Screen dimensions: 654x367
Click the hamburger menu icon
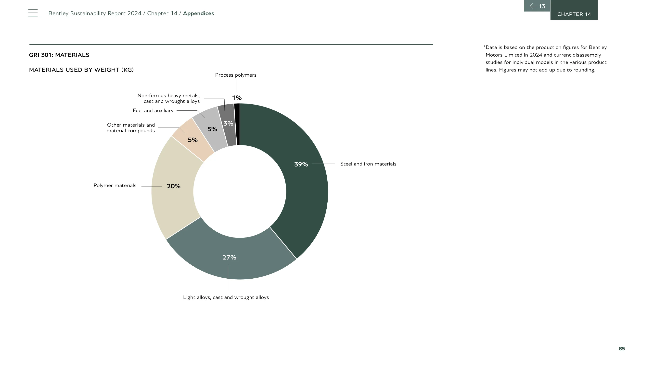pyautogui.click(x=33, y=13)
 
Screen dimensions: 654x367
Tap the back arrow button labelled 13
pyautogui.click(x=537, y=6)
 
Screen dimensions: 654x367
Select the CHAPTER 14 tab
pyautogui.click(x=574, y=10)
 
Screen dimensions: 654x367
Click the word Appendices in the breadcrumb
pyautogui.click(x=198, y=13)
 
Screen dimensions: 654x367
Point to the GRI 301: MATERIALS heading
pyautogui.click(x=59, y=55)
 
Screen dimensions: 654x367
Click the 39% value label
pyautogui.click(x=301, y=164)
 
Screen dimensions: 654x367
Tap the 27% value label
pyautogui.click(x=229, y=258)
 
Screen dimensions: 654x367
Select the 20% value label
pyautogui.click(x=174, y=186)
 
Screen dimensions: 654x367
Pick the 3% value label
pyautogui.click(x=228, y=123)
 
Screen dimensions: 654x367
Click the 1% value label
pyautogui.click(x=237, y=98)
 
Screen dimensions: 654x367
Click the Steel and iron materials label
pyautogui.click(x=368, y=164)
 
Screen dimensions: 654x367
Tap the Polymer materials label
pyautogui.click(x=115, y=186)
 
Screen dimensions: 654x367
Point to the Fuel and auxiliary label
pyautogui.click(x=153, y=110)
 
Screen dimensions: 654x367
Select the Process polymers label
pyautogui.click(x=236, y=75)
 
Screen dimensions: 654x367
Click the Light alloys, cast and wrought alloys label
pyautogui.click(x=226, y=297)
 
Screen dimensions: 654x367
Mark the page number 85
pyautogui.click(x=622, y=348)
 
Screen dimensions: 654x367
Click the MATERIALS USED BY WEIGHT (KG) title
pyautogui.click(x=81, y=70)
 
